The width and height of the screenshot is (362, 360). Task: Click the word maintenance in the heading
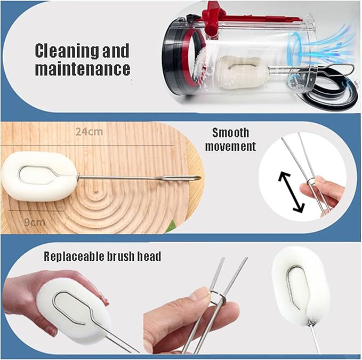pos(83,68)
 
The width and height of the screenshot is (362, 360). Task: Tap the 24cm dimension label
pos(90,132)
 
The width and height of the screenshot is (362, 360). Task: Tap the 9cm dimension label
pos(35,222)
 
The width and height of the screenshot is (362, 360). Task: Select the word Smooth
pos(231,133)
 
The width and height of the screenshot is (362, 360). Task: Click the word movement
pos(231,147)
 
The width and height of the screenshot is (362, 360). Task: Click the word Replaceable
pos(74,257)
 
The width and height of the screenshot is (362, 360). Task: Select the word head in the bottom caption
pos(149,257)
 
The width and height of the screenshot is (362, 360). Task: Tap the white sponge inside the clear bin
pos(242,72)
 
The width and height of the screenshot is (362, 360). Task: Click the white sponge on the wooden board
pos(39,177)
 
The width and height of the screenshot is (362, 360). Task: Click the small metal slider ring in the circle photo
pos(310,182)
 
